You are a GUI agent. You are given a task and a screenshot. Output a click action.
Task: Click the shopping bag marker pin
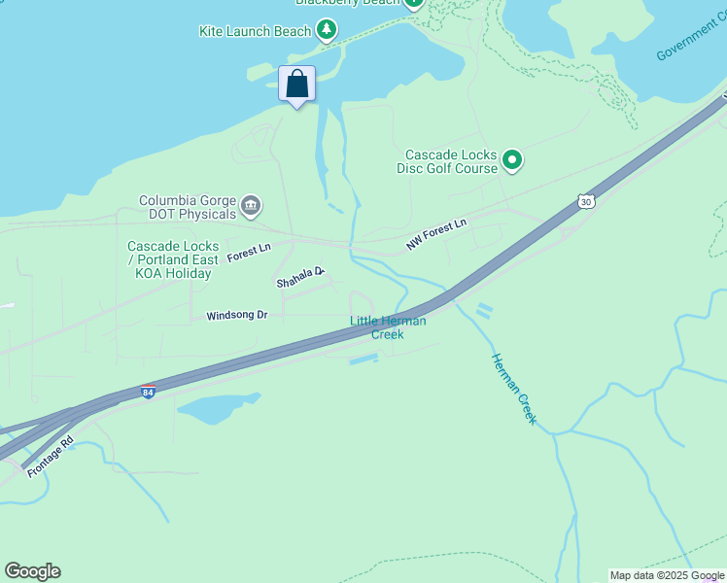click(297, 85)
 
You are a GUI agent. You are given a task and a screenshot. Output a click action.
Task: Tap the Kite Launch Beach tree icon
click(327, 31)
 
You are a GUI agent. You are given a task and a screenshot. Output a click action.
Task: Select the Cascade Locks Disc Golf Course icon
click(512, 161)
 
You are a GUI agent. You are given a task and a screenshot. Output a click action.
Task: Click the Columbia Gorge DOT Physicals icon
click(251, 206)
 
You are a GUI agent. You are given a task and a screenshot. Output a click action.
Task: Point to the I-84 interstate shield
click(148, 392)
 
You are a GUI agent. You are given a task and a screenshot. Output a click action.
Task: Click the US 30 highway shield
click(584, 201)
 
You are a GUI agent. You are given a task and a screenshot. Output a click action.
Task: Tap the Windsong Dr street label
click(236, 316)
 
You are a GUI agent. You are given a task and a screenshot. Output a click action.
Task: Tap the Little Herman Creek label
click(388, 327)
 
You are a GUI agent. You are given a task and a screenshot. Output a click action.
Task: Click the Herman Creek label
click(513, 388)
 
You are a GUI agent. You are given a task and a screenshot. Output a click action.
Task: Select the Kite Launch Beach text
click(255, 31)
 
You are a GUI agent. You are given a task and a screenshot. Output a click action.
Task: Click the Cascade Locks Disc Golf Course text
click(447, 161)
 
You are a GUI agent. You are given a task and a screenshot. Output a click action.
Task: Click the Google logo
click(32, 571)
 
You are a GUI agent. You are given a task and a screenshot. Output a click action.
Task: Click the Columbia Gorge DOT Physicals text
click(188, 207)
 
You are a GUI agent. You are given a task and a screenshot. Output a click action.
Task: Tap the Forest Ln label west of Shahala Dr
click(249, 254)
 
